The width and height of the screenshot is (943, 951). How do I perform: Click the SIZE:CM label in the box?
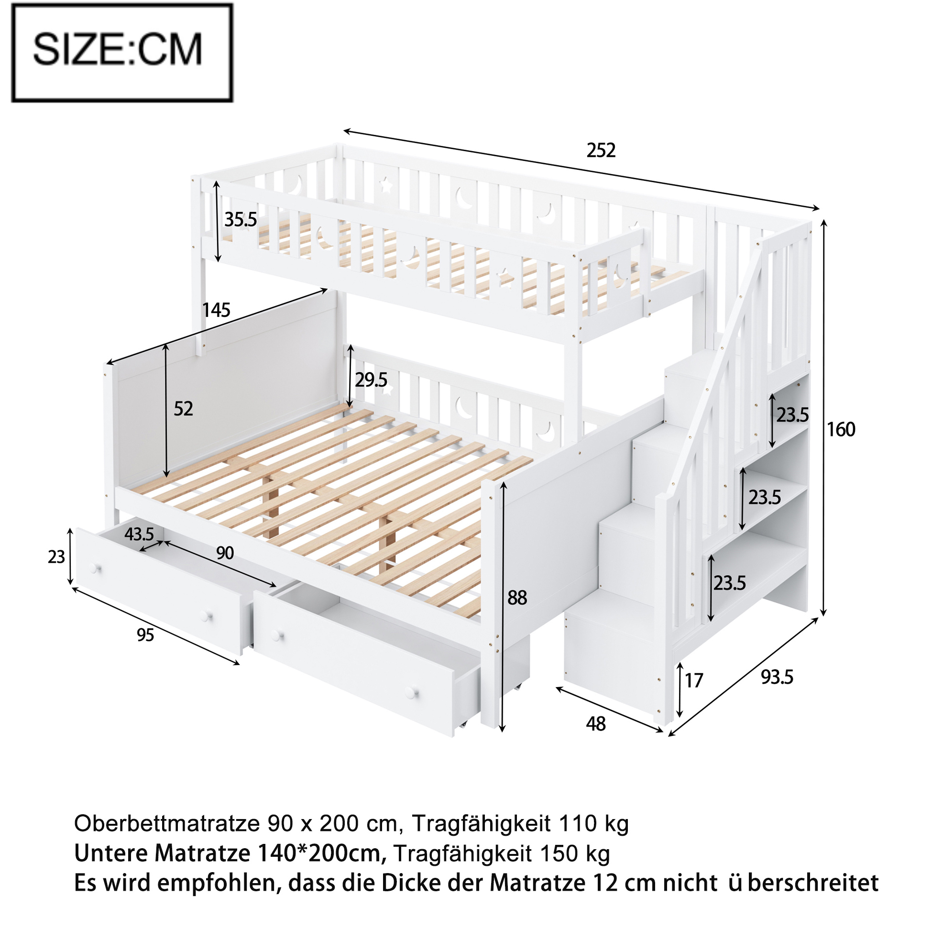coord(117,49)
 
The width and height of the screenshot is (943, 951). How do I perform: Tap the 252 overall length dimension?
coord(601,150)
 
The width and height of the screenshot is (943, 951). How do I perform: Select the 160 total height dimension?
coord(841,430)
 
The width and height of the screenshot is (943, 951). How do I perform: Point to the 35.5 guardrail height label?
coord(241,219)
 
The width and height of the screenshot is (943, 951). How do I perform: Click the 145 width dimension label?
coord(216,310)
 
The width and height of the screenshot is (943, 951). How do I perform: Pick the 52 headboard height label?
coord(183,409)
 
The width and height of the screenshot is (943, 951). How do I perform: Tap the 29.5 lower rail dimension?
coord(371,380)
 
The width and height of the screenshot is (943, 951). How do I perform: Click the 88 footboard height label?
coord(517,598)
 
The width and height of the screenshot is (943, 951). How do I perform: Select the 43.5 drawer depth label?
coord(139,534)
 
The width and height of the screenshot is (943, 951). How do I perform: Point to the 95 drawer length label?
coord(145,635)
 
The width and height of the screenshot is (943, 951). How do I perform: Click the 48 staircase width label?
coord(596,724)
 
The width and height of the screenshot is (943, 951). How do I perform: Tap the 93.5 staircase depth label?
coord(777,678)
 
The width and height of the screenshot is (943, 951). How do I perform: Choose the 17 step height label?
coord(694,681)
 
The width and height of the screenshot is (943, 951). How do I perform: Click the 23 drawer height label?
coord(56,557)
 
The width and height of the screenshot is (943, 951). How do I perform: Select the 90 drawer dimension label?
coord(225,553)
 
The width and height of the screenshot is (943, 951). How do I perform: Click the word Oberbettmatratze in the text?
coord(167,823)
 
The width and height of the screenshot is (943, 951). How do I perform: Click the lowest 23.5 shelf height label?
coord(730,583)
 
